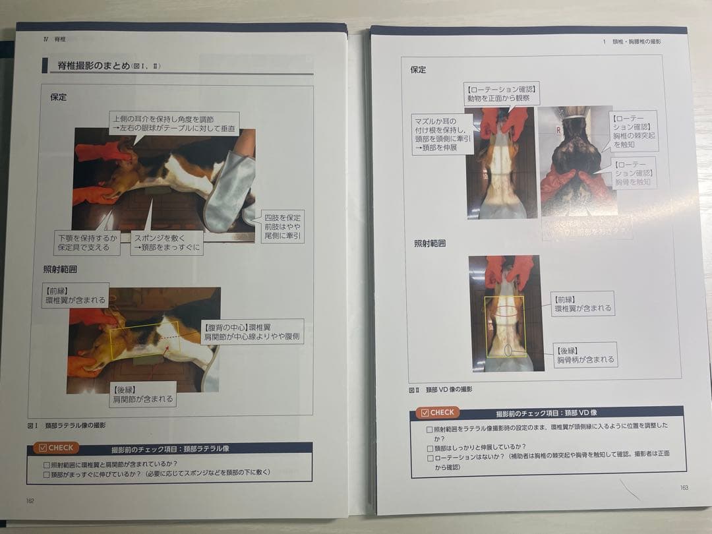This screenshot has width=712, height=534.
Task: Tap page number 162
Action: point(30,500)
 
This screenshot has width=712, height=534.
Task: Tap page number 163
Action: point(684,488)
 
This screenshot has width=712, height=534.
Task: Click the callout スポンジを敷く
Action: point(166,243)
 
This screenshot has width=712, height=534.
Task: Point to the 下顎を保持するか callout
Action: point(87,243)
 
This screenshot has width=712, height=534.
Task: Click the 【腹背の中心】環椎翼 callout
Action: point(252,332)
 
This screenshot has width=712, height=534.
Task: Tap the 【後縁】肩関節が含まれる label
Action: point(142,394)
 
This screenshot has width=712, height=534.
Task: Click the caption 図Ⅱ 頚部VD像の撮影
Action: point(440,390)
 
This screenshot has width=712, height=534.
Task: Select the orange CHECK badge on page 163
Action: point(436,413)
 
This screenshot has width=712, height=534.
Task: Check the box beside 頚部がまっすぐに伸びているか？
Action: point(46,473)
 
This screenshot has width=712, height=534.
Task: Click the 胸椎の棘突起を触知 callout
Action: point(634,131)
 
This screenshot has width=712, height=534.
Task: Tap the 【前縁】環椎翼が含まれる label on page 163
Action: point(583,303)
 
